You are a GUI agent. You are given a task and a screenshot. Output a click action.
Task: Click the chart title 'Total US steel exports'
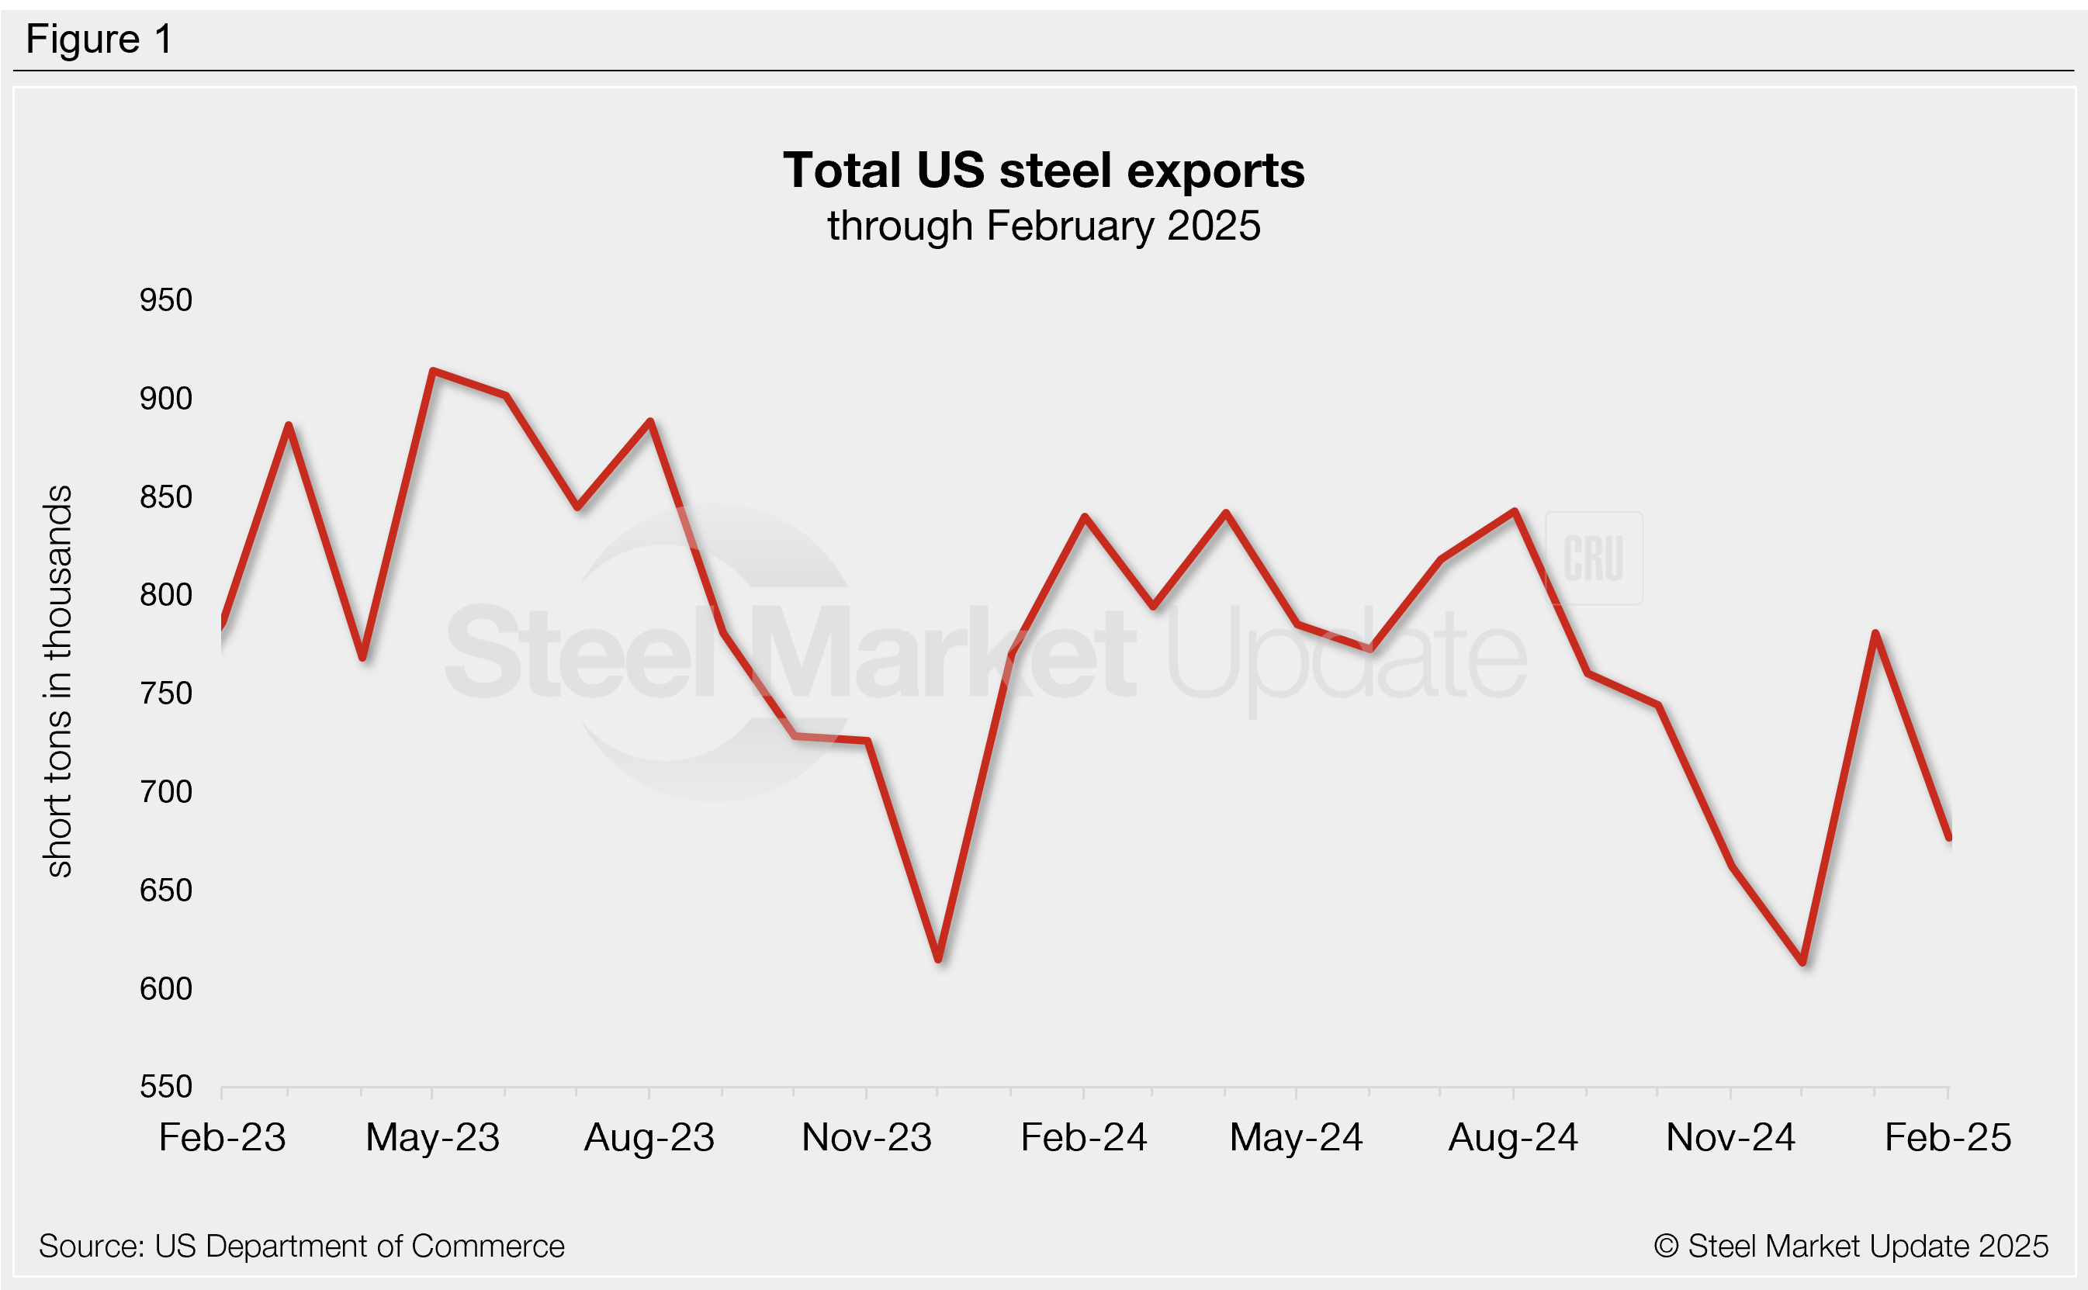1043,170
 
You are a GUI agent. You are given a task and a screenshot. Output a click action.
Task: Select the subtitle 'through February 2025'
1043,226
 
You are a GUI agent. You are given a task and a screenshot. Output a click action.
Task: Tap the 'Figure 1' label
99,40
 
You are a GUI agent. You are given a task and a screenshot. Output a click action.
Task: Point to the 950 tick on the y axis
165,300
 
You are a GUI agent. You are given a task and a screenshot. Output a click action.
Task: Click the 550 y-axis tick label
165,1087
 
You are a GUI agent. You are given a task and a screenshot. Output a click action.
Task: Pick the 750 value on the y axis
165,693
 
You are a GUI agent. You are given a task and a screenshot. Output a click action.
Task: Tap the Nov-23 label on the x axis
866,1137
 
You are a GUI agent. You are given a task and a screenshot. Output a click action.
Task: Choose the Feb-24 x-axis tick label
1083,1137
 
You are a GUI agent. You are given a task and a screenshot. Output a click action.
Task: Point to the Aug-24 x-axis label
1513,1137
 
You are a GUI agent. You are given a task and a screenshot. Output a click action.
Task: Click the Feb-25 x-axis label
1948,1137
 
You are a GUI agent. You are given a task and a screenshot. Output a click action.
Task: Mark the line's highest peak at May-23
433,371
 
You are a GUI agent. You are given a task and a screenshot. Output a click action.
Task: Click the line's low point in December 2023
938,960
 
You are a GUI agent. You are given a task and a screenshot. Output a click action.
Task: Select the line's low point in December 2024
1802,963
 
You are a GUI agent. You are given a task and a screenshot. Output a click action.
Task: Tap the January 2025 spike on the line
1875,633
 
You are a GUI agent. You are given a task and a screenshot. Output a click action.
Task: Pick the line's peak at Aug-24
1514,511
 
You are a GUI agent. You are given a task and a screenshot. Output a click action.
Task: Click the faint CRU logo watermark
1593,558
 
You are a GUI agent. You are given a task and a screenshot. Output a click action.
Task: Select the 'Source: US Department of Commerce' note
301,1247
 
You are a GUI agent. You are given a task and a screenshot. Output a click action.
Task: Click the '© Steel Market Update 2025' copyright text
1850,1247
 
